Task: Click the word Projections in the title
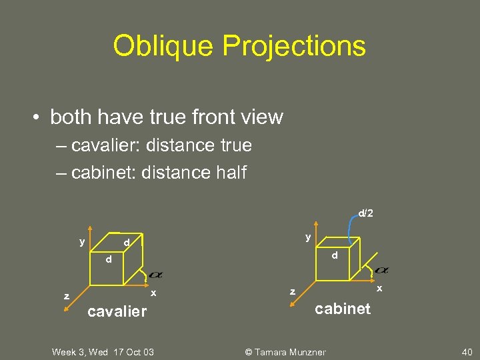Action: (294, 46)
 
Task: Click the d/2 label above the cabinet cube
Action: (365, 213)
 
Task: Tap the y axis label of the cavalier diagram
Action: (82, 241)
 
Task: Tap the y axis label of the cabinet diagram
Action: (307, 237)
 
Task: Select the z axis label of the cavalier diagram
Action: (66, 296)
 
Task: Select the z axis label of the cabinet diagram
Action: (291, 291)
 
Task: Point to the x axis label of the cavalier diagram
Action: (153, 293)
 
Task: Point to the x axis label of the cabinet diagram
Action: (379, 289)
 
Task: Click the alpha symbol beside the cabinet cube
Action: (381, 270)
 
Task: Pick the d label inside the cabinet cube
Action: (335, 255)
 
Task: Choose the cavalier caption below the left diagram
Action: (117, 311)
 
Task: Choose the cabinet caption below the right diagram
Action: (343, 308)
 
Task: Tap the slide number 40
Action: (467, 352)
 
